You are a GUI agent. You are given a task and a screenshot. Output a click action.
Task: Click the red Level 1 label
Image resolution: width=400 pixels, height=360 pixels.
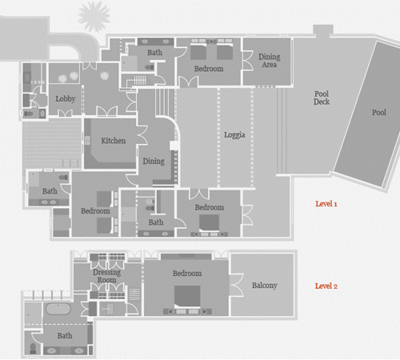click(x=326, y=204)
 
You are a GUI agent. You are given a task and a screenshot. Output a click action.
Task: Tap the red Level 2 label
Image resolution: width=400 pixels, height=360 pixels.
click(x=326, y=286)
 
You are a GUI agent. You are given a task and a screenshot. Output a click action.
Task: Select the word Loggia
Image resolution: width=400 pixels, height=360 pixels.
click(x=234, y=135)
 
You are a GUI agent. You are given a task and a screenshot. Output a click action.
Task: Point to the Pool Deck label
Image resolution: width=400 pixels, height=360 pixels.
click(x=322, y=98)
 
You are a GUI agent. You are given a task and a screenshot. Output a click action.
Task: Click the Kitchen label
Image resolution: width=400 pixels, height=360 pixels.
click(x=114, y=141)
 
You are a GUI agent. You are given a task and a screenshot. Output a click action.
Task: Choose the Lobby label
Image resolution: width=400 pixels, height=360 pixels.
click(x=66, y=99)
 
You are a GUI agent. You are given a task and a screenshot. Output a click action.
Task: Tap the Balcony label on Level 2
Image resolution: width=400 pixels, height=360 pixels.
click(x=265, y=286)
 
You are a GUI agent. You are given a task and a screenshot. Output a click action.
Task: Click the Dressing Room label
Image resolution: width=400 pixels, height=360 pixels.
click(x=106, y=276)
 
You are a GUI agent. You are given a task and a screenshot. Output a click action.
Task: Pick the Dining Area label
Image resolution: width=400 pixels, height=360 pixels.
click(x=270, y=61)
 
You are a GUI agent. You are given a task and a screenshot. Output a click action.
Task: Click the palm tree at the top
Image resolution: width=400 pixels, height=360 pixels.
click(x=94, y=16)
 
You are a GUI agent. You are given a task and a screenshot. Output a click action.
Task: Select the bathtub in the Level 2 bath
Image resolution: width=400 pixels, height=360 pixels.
click(x=58, y=309)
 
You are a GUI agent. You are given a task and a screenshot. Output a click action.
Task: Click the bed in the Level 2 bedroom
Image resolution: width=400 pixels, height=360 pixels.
click(x=187, y=298)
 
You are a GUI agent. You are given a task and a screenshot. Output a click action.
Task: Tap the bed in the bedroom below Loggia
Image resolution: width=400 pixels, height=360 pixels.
click(x=210, y=222)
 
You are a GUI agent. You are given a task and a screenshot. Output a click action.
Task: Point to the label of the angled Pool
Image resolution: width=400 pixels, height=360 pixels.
click(x=379, y=113)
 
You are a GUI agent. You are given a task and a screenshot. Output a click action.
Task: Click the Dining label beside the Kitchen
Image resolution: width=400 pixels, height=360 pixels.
click(x=154, y=161)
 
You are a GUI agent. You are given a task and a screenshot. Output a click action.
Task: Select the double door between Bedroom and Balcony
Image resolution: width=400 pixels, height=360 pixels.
click(x=237, y=285)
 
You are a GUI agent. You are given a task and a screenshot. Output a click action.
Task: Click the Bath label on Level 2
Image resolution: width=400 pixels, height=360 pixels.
click(x=65, y=335)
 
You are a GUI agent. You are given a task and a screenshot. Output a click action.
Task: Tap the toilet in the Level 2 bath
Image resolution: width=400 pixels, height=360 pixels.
click(x=33, y=348)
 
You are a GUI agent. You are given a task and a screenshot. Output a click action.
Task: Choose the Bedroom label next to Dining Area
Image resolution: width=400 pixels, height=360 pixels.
click(x=209, y=69)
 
